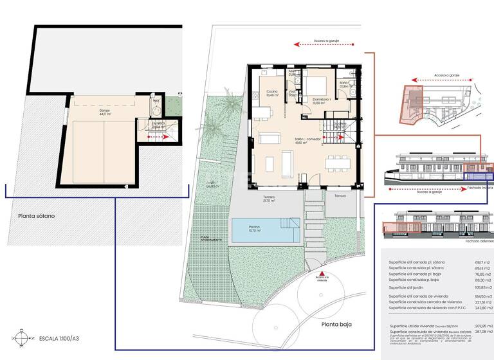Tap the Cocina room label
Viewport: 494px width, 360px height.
272,94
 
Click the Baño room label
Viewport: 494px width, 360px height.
343,84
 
